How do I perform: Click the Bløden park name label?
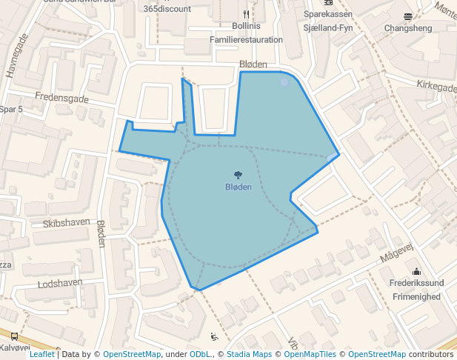coord(238,187)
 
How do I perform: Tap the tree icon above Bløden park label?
coord(238,175)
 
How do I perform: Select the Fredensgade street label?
coord(61,98)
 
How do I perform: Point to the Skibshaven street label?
coord(66,223)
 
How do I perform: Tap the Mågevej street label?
coord(395,254)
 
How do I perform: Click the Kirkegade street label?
coord(436,87)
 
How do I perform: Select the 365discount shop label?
coord(167,9)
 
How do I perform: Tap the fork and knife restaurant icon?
coord(246,14)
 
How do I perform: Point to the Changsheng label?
coord(407,28)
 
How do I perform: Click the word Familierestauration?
coord(246,40)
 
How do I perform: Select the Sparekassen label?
coord(327,14)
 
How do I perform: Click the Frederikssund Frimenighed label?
coord(415,290)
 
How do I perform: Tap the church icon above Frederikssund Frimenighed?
coord(416,270)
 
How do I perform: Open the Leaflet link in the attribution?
coord(41,354)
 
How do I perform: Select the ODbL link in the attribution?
coord(200,354)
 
